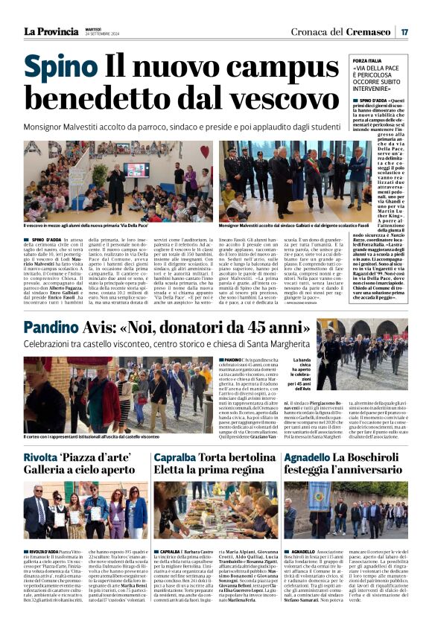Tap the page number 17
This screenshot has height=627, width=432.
(x=404, y=31)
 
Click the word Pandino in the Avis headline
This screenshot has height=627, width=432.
(x=55, y=327)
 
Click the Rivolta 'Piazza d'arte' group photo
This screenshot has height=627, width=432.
(x=85, y=510)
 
